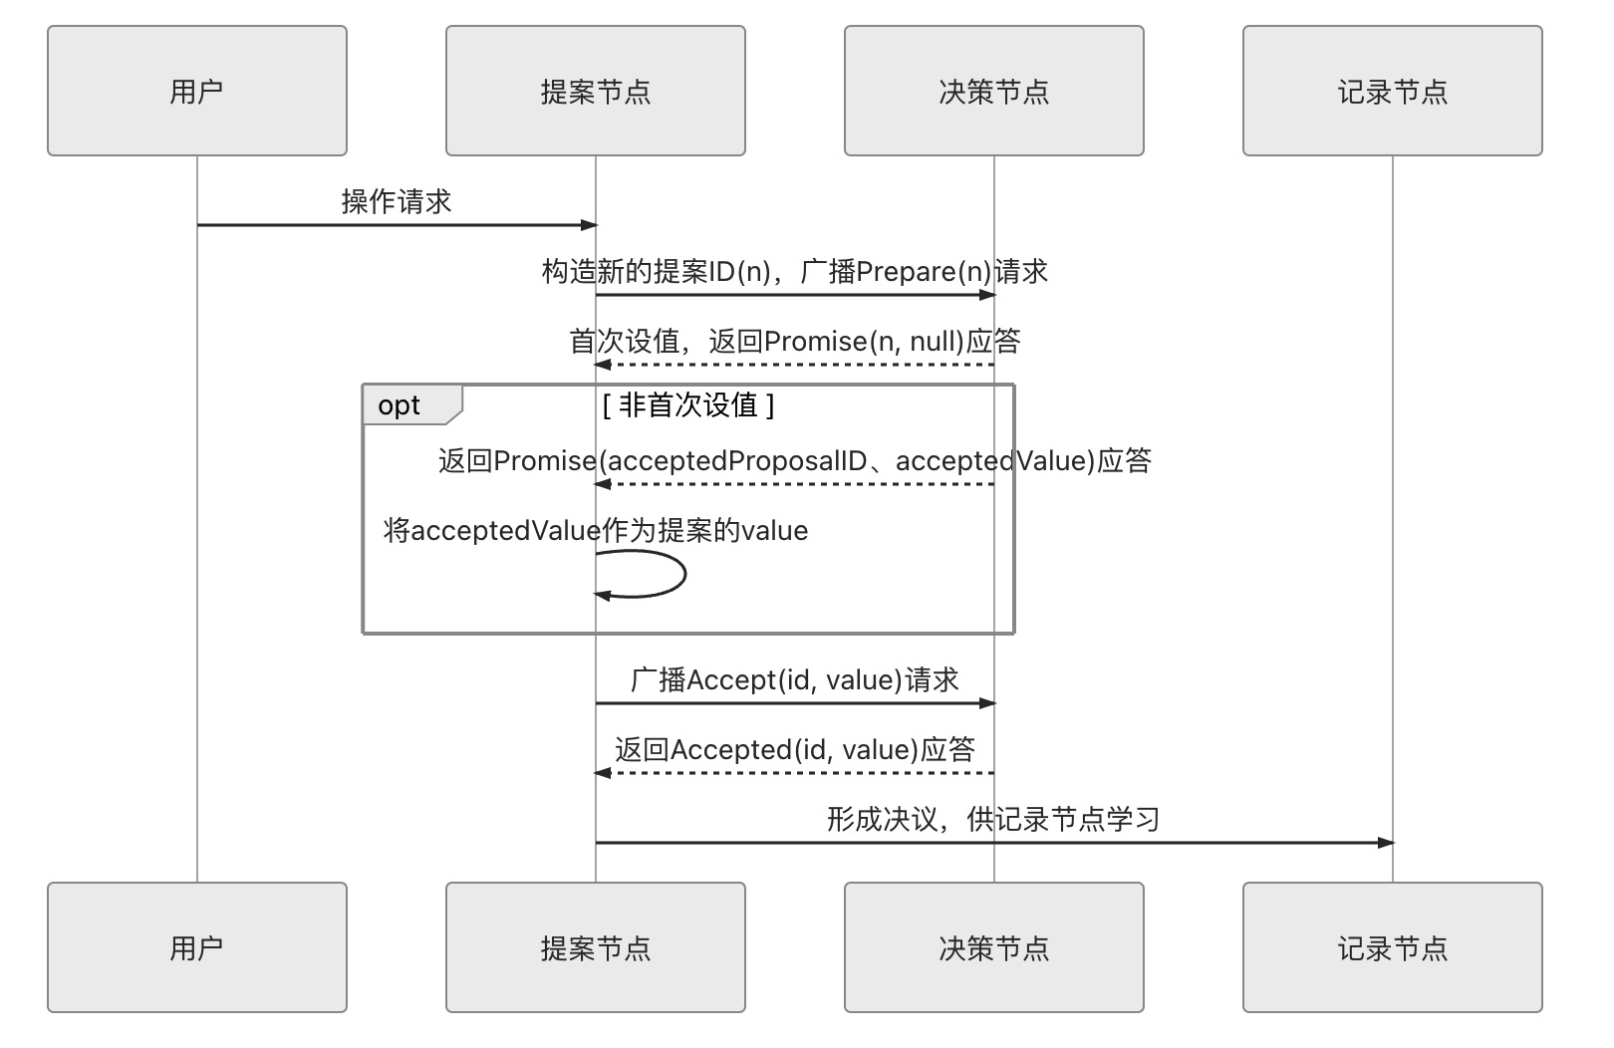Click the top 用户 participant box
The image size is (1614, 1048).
point(197,91)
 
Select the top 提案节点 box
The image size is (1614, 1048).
point(596,91)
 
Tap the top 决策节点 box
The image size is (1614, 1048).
point(994,91)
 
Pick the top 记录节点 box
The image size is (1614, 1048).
point(1393,91)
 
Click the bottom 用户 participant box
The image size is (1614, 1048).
point(197,947)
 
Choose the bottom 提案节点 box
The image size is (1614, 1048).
point(596,947)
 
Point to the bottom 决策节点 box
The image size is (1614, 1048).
point(994,947)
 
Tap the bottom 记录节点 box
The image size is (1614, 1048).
point(1393,947)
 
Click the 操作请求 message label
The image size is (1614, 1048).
point(397,202)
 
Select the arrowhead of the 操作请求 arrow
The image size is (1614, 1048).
point(589,225)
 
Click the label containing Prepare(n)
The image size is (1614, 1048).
point(795,272)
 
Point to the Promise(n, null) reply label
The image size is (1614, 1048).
point(795,342)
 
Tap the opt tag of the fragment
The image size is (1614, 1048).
point(401,405)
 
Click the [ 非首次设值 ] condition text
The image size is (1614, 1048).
point(688,405)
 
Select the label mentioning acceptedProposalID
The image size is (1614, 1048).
point(795,461)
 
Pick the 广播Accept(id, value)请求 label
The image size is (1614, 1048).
point(795,680)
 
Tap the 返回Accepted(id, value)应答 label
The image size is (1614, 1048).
point(795,750)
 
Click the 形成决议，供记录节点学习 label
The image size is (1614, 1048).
point(994,820)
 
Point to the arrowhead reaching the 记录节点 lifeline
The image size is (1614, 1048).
point(1386,843)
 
